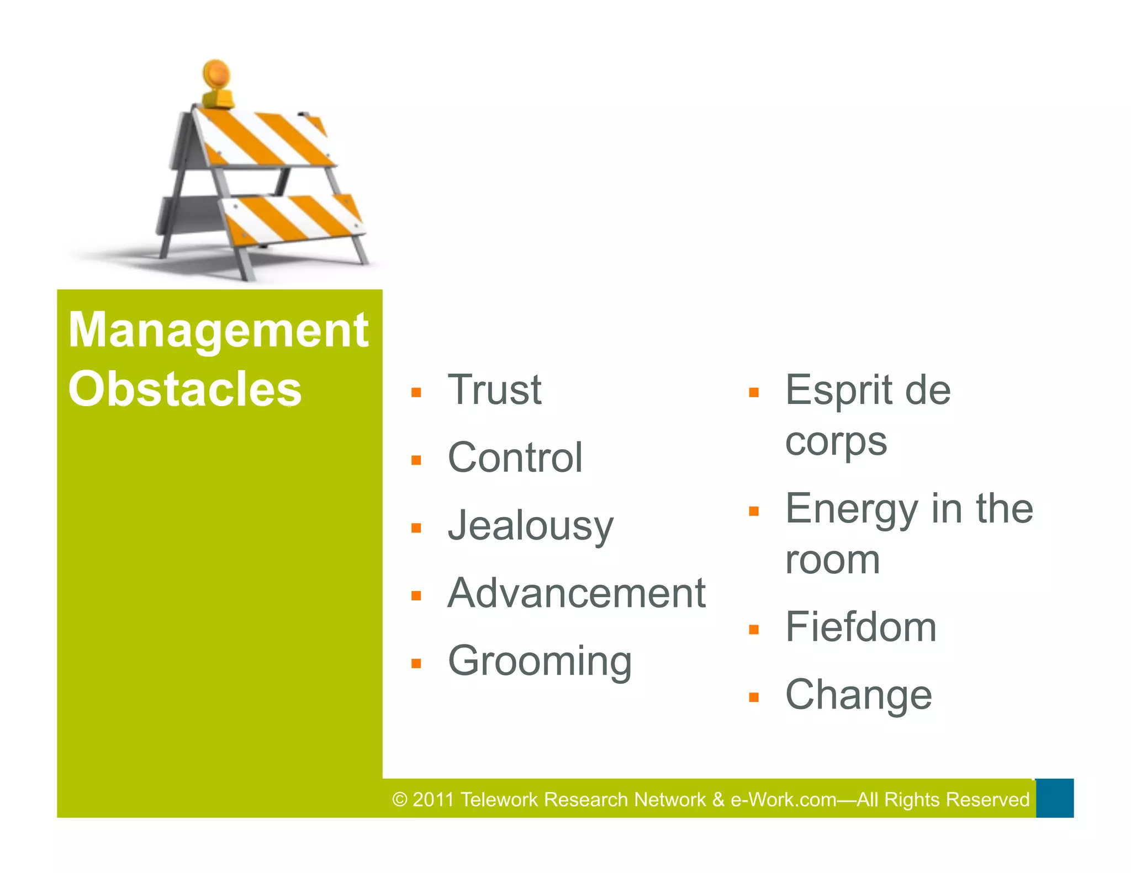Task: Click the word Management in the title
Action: pyautogui.click(x=218, y=330)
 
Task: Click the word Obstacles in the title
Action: pyautogui.click(x=185, y=389)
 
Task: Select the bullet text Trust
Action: pyautogui.click(x=494, y=390)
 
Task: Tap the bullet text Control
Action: pyautogui.click(x=515, y=457)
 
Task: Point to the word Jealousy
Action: pyautogui.click(x=530, y=526)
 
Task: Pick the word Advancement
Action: pyautogui.click(x=577, y=593)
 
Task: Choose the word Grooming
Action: pyautogui.click(x=540, y=661)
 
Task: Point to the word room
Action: pyautogui.click(x=833, y=560)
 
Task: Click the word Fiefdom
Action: pyautogui.click(x=861, y=627)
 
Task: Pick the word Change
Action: pyautogui.click(x=859, y=695)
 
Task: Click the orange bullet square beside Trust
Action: pyautogui.click(x=416, y=393)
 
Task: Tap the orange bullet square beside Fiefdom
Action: pyautogui.click(x=754, y=630)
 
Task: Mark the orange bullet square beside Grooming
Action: pyautogui.click(x=416, y=664)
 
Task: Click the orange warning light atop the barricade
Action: pyautogui.click(x=216, y=74)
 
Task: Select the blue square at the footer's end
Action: pyautogui.click(x=1054, y=798)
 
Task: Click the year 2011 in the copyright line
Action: pyautogui.click(x=433, y=800)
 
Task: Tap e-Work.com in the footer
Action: pyautogui.click(x=783, y=800)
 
